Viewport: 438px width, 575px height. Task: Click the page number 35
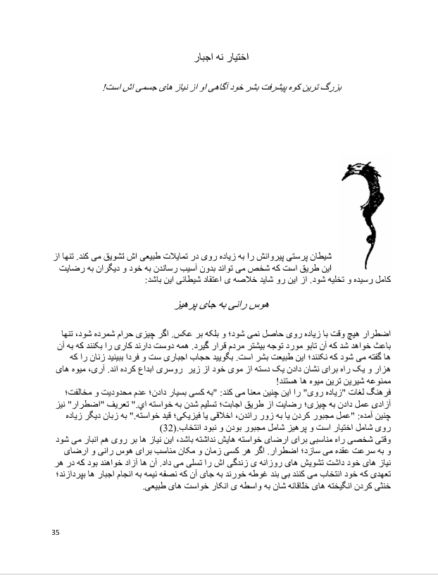coord(56,531)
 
